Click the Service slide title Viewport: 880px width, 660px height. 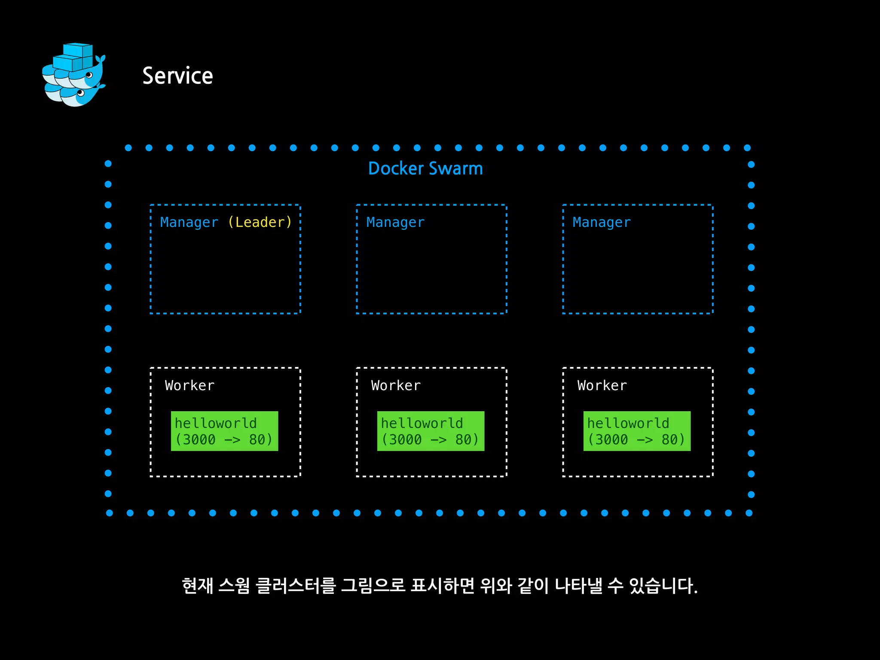tap(177, 76)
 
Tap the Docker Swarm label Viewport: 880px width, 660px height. tap(425, 168)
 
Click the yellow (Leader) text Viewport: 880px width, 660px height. tap(260, 222)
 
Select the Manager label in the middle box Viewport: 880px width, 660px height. tap(395, 222)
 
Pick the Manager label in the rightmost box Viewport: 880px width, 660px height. tap(602, 222)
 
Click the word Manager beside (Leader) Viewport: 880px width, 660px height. tap(189, 222)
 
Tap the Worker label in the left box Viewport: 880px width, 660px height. tap(189, 385)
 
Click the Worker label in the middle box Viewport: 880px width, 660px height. tap(396, 385)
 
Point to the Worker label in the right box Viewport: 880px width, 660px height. tap(602, 385)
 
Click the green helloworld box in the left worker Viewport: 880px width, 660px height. tap(224, 431)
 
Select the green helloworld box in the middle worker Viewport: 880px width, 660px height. tap(431, 431)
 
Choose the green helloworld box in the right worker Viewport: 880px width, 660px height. tap(637, 431)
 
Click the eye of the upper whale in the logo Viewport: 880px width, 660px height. tap(89, 75)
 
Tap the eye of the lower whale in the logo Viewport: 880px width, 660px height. tap(80, 92)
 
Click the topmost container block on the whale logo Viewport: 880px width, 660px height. tap(78, 49)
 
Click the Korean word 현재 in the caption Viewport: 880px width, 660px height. tap(197, 586)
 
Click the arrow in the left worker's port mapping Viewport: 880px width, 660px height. tap(232, 440)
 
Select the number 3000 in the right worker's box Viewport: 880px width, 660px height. tap(611, 440)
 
